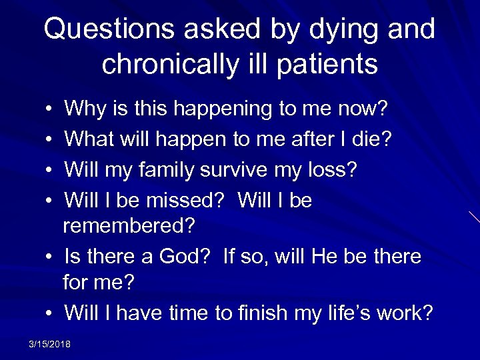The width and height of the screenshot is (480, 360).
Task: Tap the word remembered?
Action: (129, 227)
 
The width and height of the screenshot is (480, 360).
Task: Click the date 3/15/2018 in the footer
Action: (50, 344)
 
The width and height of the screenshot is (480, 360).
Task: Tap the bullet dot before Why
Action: (51, 109)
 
